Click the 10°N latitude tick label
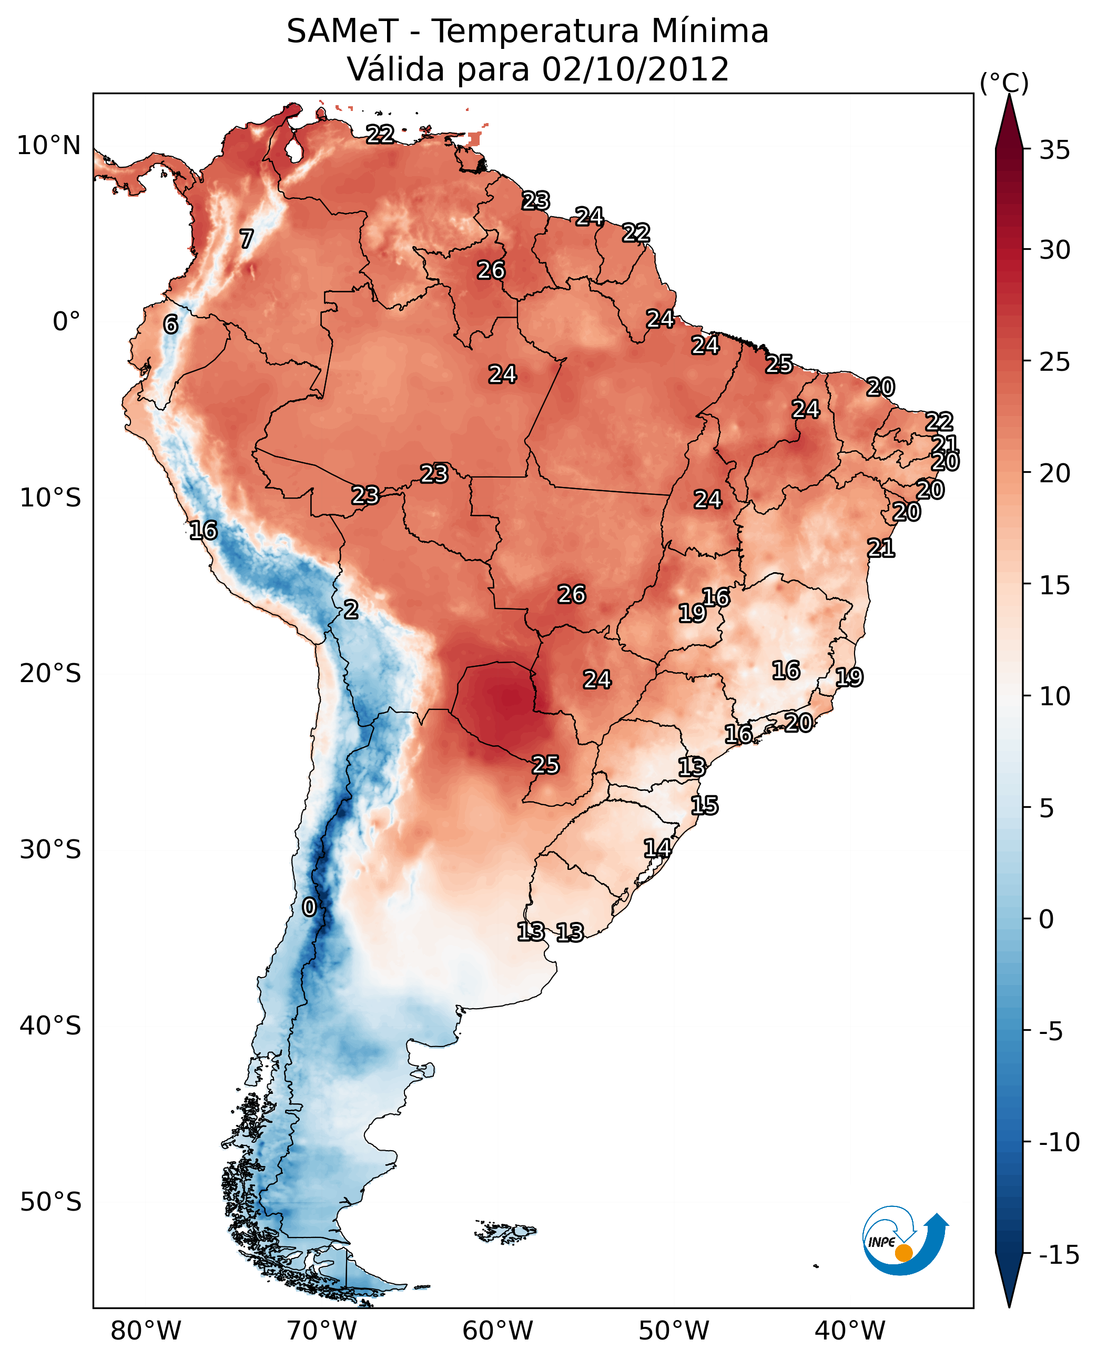(x=49, y=146)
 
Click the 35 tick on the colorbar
(x=1054, y=150)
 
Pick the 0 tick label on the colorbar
(x=1047, y=919)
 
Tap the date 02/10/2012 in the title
(x=635, y=69)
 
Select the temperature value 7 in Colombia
(x=247, y=239)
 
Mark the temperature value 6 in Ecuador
(x=170, y=324)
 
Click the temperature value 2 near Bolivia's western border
(x=351, y=609)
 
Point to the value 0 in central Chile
(x=309, y=907)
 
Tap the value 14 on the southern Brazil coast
(x=657, y=848)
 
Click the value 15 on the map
(x=704, y=805)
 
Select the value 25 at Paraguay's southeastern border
(x=545, y=765)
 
